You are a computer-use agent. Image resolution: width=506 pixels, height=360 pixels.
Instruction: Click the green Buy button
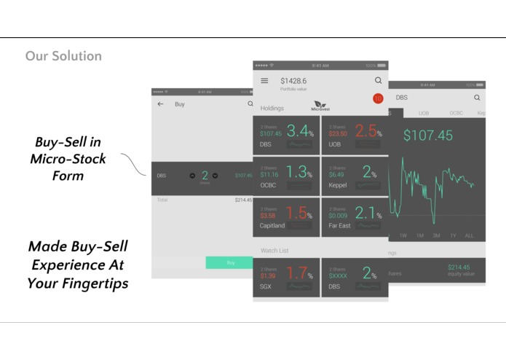tap(230, 262)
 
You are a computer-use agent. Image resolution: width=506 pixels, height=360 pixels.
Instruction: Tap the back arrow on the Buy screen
tap(161, 104)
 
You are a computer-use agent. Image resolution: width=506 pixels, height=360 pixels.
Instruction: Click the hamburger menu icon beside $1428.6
tap(264, 81)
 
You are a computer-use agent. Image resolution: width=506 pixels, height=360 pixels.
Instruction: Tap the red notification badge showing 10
tap(378, 98)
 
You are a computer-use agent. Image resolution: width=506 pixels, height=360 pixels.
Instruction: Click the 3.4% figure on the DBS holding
tap(300, 132)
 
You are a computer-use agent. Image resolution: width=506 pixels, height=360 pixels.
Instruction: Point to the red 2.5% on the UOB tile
tap(368, 132)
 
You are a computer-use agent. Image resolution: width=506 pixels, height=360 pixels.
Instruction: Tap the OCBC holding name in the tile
tap(269, 186)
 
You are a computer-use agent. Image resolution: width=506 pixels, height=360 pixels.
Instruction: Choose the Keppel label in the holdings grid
tap(337, 186)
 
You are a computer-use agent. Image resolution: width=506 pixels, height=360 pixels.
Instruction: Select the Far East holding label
tap(339, 226)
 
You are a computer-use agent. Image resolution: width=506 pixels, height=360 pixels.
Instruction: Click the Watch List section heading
tap(274, 251)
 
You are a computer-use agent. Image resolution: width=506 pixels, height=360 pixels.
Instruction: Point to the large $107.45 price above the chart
tap(428, 136)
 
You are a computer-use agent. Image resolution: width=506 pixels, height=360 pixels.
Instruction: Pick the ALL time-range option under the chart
tap(469, 235)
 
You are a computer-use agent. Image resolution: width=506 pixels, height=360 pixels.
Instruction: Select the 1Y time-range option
tap(453, 235)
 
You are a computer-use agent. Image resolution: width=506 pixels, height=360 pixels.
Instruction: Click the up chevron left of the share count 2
tap(192, 176)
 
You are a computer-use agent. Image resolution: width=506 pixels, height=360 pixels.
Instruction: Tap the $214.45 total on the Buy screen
tap(242, 200)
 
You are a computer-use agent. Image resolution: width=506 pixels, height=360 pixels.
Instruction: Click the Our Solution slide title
tap(63, 56)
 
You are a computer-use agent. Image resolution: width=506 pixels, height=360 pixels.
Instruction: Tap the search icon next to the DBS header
tap(477, 98)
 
